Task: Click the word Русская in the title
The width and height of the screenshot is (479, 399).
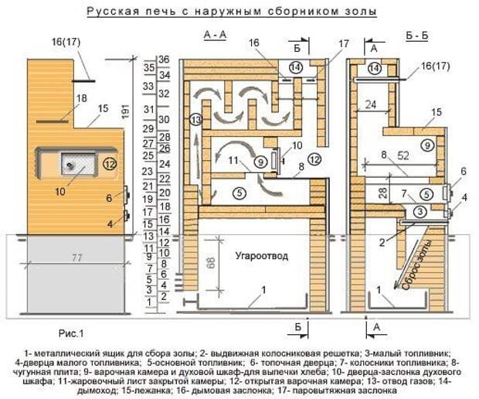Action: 113,12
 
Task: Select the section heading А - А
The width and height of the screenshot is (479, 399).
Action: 214,35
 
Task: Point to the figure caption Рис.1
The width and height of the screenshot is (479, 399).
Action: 70,332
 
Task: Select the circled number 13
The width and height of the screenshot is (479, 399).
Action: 195,120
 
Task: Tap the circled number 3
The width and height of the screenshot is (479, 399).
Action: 418,211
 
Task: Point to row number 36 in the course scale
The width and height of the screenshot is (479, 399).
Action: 163,60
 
